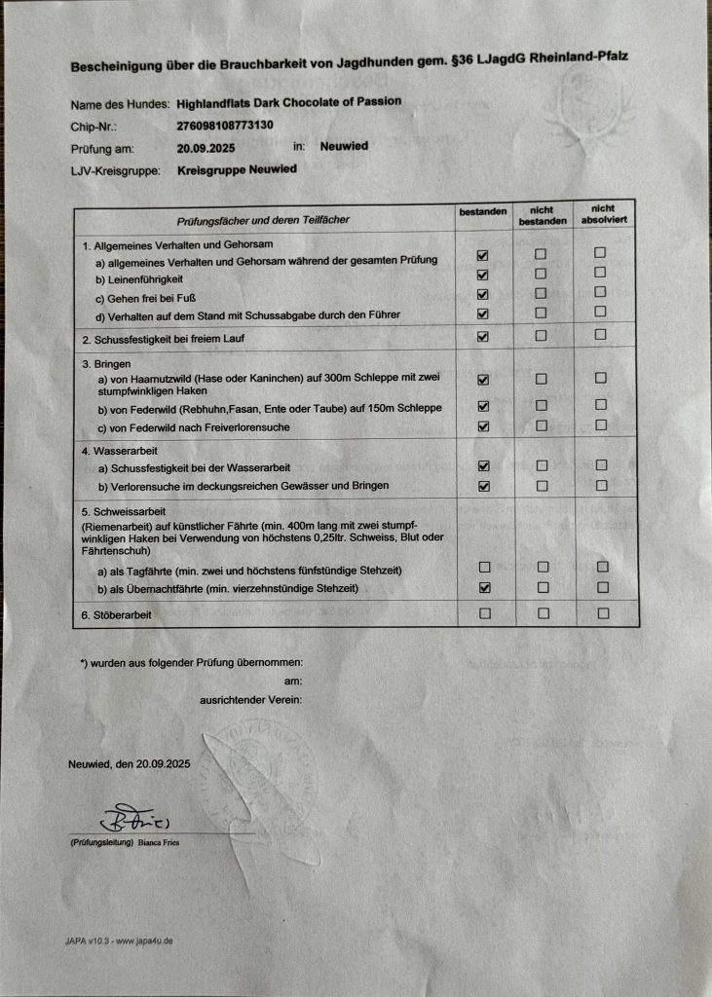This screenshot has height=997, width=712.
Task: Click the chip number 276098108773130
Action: pos(224,126)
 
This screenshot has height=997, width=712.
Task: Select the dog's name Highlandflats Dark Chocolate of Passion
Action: pos(289,102)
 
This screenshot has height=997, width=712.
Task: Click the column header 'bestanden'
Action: pos(483,211)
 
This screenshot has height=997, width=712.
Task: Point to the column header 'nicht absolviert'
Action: pos(602,214)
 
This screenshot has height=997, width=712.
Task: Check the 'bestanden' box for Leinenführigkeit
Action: pos(483,275)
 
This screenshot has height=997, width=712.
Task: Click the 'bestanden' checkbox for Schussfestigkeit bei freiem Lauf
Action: pos(483,337)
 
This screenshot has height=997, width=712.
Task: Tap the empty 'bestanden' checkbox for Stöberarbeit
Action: pos(484,613)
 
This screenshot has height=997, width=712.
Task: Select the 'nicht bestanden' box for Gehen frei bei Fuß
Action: pos(542,293)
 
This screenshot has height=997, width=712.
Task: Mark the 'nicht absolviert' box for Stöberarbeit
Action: pos(603,613)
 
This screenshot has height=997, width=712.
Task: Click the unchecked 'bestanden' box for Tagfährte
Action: pos(484,567)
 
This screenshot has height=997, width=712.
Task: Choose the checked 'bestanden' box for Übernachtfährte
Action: pos(484,587)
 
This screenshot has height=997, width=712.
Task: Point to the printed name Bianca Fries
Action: pos(159,842)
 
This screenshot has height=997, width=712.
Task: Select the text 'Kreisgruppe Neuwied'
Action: pos(237,169)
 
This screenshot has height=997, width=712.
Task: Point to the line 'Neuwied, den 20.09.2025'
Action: pos(129,764)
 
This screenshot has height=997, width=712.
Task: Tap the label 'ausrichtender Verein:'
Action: pos(250,700)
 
